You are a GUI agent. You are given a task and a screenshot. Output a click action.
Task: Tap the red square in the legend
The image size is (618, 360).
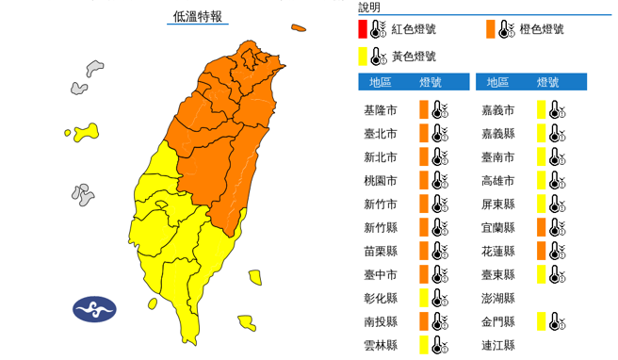coord(363,29)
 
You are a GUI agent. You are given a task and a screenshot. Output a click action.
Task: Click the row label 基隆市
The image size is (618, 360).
coord(380,110)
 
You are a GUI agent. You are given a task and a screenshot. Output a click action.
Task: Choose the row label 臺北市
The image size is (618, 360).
coord(380,133)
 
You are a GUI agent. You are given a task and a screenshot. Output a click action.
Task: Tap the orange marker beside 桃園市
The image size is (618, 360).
coord(424,180)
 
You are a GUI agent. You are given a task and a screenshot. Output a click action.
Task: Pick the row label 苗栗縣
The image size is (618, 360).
coord(380,251)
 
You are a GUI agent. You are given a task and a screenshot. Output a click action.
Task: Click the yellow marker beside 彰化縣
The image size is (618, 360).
coord(424,298)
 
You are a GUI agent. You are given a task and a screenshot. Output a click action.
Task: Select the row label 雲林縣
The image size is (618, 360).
coord(380,345)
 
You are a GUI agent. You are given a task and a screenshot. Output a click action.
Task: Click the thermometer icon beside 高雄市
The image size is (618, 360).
coord(557,180)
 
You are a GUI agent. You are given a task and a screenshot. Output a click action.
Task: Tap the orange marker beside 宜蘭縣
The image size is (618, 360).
coord(542,227)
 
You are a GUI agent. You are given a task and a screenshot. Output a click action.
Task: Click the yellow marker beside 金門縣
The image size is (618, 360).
coord(542,321)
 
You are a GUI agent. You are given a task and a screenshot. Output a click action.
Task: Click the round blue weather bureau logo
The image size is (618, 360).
coord(94,308)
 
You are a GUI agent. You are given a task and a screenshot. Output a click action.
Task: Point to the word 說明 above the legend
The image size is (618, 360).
coord(369,7)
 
